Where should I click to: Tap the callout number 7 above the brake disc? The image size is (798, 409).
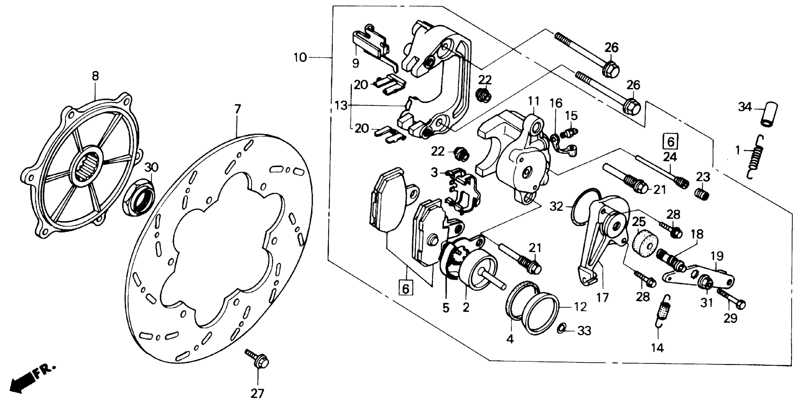(237, 109)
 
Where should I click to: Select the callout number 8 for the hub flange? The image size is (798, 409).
(95, 76)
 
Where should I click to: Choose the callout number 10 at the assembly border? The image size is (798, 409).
(300, 58)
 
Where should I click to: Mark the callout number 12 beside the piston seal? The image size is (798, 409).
(580, 307)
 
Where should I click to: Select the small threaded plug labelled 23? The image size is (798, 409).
(701, 195)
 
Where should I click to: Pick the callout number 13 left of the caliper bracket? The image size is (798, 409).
(341, 106)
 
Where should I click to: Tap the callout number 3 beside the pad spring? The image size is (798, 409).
(434, 172)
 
